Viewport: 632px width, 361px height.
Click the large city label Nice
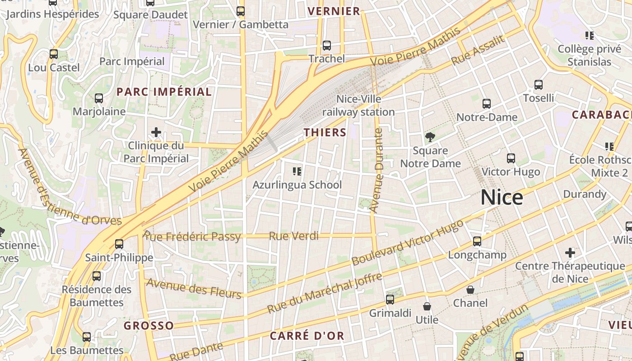point(502,198)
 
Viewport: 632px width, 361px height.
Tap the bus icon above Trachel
point(327,46)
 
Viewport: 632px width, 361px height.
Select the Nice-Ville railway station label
point(358,106)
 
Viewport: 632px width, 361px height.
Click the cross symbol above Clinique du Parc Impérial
point(156,132)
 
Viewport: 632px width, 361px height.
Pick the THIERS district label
point(325,132)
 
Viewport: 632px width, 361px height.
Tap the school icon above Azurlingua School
point(297,171)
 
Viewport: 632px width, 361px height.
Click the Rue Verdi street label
point(294,236)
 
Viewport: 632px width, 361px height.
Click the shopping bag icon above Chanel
point(470,289)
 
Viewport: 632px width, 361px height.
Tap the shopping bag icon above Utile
point(427,306)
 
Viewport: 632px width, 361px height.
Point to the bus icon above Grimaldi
point(390,299)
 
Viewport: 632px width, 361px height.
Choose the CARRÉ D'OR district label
point(307,336)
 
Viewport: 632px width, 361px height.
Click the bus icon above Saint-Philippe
point(119,244)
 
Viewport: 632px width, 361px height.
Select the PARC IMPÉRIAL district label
point(164,92)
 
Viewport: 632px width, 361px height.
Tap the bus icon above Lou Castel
point(54,54)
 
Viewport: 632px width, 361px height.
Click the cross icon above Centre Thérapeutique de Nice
point(570,252)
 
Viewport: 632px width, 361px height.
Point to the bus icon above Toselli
point(539,84)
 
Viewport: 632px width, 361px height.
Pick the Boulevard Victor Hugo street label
point(408,242)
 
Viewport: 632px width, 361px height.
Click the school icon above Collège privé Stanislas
point(589,35)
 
